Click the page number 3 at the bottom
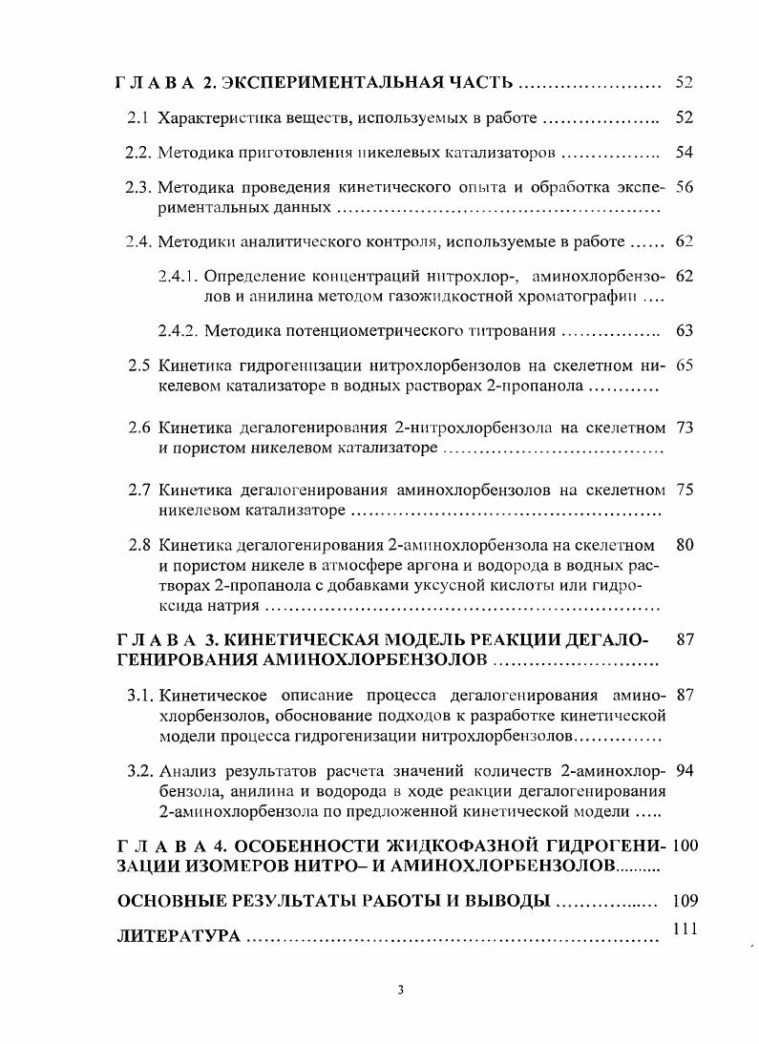(401, 990)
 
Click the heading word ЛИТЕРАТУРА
(178, 937)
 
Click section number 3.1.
(140, 695)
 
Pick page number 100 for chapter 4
(685, 846)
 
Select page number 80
(684, 546)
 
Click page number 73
(684, 427)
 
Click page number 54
(684, 152)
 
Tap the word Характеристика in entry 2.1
(211, 119)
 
